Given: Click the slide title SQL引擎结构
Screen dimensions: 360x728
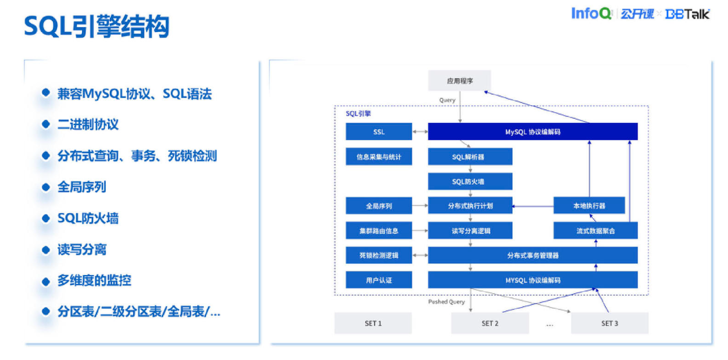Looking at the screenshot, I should (x=97, y=27).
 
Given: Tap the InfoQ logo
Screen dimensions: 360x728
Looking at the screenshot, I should (x=591, y=13).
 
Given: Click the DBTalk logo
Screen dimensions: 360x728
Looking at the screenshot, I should (x=687, y=14).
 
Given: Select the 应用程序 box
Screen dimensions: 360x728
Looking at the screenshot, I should (x=459, y=81).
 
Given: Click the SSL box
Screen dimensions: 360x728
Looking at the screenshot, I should (x=379, y=132).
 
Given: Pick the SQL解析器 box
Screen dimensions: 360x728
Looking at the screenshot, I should (x=470, y=156).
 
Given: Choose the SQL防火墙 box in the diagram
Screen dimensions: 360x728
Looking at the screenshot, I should (x=470, y=181).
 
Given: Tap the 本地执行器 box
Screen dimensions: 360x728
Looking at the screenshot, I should (x=588, y=206).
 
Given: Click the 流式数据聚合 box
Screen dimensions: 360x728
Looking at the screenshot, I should (x=595, y=231).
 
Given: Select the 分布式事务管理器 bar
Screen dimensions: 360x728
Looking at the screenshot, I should (x=532, y=255).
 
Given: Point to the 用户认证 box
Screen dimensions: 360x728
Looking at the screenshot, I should (x=379, y=280).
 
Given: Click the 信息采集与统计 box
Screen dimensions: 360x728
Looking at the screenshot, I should (x=379, y=156).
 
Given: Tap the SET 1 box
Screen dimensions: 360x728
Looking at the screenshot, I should (x=373, y=323).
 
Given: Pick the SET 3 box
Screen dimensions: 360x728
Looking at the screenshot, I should (x=609, y=323).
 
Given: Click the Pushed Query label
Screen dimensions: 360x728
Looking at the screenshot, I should (x=446, y=302).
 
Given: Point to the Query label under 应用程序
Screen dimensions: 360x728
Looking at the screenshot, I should (x=447, y=101).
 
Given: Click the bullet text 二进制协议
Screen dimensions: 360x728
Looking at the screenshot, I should (x=88, y=124).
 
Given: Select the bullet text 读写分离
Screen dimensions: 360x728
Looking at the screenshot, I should (x=81, y=249).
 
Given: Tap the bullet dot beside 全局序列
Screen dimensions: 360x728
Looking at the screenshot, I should (x=46, y=187).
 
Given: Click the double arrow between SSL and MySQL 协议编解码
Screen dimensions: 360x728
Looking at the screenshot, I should (x=420, y=132).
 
